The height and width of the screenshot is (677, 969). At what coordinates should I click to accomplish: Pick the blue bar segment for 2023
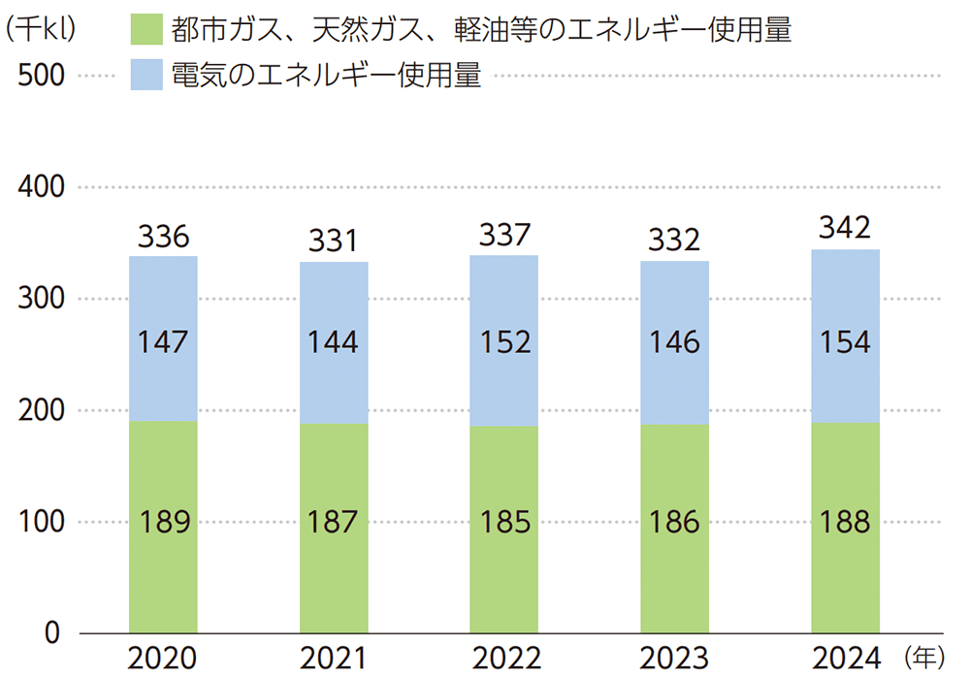[674, 301]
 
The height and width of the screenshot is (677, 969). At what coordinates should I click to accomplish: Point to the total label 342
[845, 229]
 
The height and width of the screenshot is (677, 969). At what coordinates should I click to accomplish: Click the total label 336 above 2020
[164, 236]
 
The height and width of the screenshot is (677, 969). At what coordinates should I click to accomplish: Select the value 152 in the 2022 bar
[504, 342]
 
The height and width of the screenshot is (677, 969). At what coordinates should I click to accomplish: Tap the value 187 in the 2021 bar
[334, 522]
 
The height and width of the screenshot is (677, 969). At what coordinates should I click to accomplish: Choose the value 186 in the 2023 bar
[674, 522]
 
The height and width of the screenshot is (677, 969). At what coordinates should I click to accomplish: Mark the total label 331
[334, 241]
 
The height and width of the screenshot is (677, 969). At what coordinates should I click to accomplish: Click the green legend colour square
[146, 31]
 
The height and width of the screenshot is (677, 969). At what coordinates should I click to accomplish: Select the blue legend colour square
[146, 76]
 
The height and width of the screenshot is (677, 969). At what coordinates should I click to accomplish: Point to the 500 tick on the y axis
[42, 76]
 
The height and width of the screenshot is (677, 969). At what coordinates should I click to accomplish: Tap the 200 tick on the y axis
[42, 410]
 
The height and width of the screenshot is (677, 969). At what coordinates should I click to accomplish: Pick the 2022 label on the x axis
[504, 660]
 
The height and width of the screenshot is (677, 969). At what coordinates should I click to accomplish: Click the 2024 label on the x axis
[845, 660]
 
